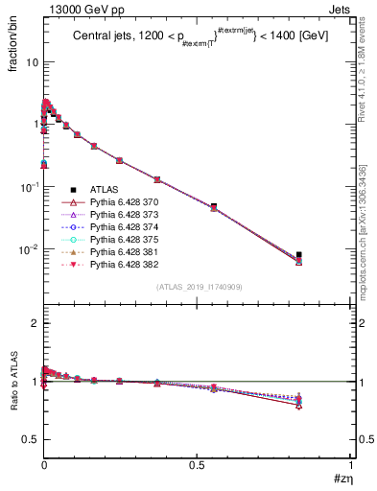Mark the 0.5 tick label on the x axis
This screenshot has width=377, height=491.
pyautogui.click(x=197, y=465)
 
